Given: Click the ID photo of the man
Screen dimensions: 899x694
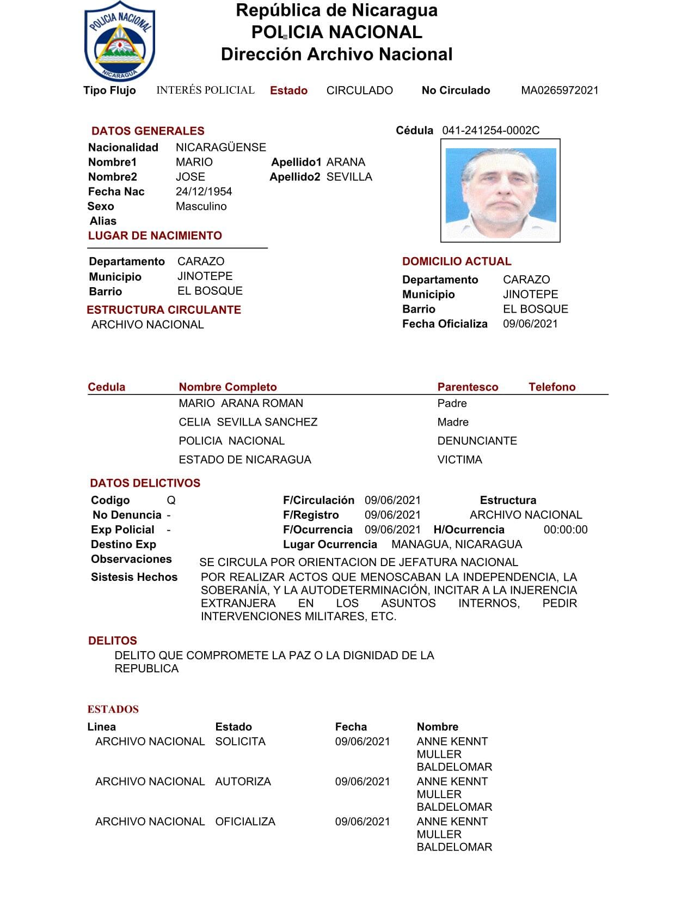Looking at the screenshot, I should (x=500, y=191).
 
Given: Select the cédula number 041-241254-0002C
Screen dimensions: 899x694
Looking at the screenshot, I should (x=490, y=130).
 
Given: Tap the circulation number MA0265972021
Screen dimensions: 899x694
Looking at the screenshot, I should (x=560, y=90).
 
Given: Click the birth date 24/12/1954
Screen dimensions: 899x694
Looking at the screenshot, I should (x=204, y=192).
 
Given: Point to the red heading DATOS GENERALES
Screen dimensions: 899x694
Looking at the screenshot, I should (x=148, y=131).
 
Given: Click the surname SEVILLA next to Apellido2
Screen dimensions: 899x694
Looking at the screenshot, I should (x=349, y=177).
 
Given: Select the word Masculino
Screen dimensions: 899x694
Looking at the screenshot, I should (x=201, y=206).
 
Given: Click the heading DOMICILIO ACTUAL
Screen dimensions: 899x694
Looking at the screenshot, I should (x=456, y=262).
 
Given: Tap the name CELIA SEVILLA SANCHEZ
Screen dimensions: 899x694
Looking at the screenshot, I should (x=248, y=422).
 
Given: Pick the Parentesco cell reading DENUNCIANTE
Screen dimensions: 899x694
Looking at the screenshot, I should (x=477, y=441).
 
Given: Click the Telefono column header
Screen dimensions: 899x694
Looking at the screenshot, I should (x=551, y=387).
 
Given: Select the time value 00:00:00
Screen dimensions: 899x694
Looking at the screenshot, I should (x=565, y=530).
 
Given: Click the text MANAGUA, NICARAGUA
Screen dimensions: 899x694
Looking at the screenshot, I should (x=456, y=544).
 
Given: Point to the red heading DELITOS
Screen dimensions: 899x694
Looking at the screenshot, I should (x=112, y=641).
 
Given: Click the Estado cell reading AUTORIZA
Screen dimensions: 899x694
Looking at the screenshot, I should (x=243, y=781).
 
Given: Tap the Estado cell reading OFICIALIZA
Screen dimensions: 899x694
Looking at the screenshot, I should (x=245, y=822).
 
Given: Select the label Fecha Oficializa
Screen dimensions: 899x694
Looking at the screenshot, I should (x=444, y=324).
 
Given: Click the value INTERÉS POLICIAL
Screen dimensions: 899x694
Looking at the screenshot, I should (x=205, y=90).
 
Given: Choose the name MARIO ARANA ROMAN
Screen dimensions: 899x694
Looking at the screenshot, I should (x=241, y=404).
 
